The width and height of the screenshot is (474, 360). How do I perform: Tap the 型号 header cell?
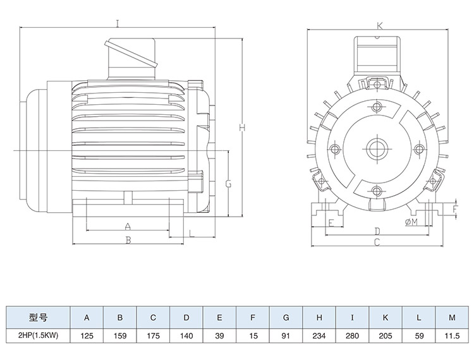39,317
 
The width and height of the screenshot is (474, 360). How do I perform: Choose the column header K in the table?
386,317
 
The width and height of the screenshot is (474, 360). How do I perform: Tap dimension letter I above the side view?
117,24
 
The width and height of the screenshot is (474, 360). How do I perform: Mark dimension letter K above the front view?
380,26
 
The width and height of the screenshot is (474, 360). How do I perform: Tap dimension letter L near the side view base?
191,234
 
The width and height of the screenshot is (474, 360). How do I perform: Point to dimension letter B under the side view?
128,240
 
